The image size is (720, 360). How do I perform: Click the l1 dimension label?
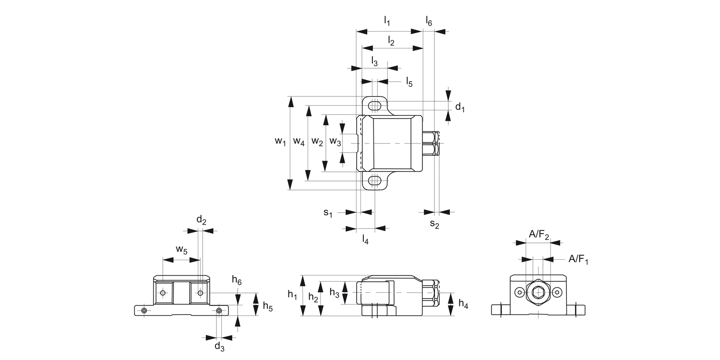coord(387,21)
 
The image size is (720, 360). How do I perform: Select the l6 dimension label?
coord(429,21)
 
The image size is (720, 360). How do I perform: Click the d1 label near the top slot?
coord(460,108)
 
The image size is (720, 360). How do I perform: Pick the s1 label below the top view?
coord(327,212)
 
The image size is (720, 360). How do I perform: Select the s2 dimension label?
coord(434,223)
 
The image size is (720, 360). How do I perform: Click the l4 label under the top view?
coord(365,240)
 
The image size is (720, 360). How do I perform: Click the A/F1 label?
coord(578,259)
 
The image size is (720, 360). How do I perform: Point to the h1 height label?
coord(292,294)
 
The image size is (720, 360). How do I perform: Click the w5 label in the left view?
coord(181,249)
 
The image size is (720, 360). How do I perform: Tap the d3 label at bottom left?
coord(219,346)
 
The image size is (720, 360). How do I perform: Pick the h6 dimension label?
coord(237,280)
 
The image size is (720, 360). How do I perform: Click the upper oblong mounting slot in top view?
coord(374,105)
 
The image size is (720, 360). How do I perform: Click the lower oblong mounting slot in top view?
coord(374,181)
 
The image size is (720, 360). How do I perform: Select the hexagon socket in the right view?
coord(539,292)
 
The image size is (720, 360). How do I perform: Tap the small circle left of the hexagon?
coord(520,292)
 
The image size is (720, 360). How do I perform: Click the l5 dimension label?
coord(409,82)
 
